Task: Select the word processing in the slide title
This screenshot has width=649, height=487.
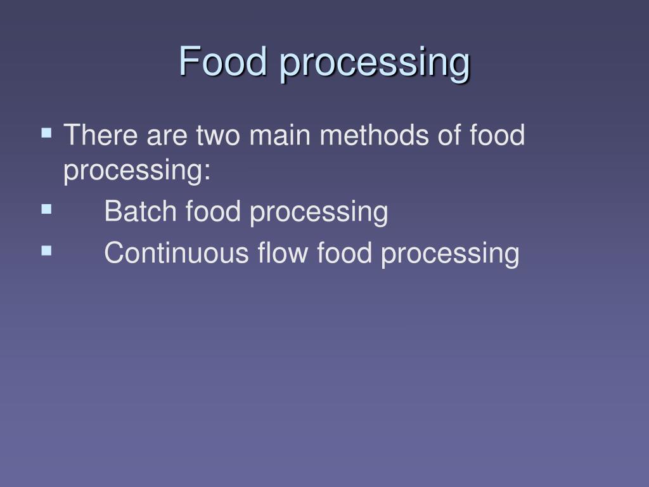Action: point(376,63)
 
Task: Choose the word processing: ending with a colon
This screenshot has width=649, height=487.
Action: point(137,172)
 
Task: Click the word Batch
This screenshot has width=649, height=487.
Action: point(141,211)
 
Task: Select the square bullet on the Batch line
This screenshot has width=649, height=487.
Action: point(46,209)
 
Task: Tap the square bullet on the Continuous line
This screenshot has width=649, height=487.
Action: point(46,250)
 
